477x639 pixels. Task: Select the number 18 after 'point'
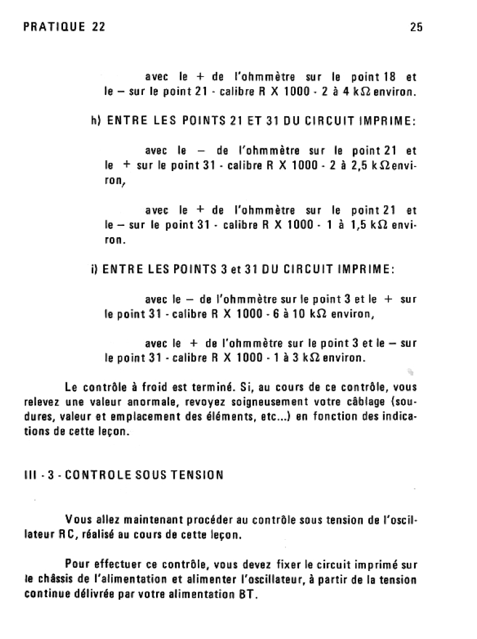(x=388, y=77)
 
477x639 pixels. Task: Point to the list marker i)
(x=94, y=270)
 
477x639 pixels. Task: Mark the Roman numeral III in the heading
(x=30, y=475)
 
